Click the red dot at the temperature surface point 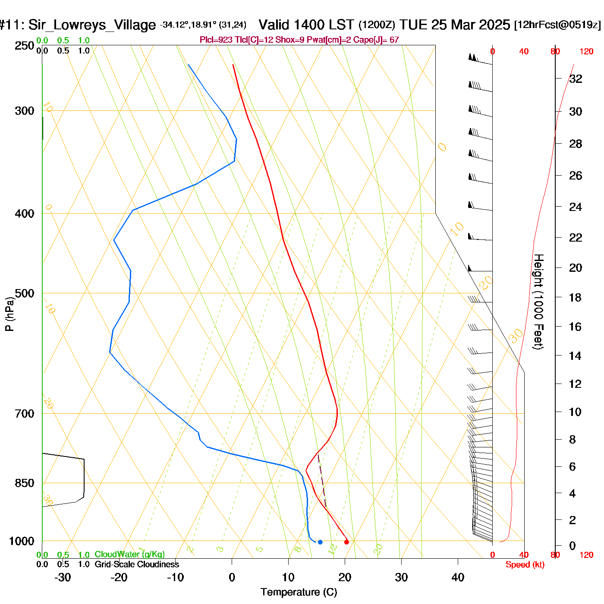[346, 542]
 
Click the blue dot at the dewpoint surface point [320, 542]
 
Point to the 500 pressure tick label [25, 293]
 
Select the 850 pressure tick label [25, 483]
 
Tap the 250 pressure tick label [25, 46]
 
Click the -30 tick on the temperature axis [63, 577]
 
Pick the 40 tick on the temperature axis [458, 577]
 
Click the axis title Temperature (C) [299, 592]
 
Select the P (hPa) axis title [9, 314]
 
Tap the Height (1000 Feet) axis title [538, 302]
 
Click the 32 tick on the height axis [576, 79]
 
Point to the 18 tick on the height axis [575, 297]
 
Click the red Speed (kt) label [525, 565]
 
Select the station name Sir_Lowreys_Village [92, 25]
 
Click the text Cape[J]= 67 [376, 40]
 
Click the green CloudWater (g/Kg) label [129, 554]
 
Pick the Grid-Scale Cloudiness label [137, 564]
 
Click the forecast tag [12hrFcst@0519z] [557, 25]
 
